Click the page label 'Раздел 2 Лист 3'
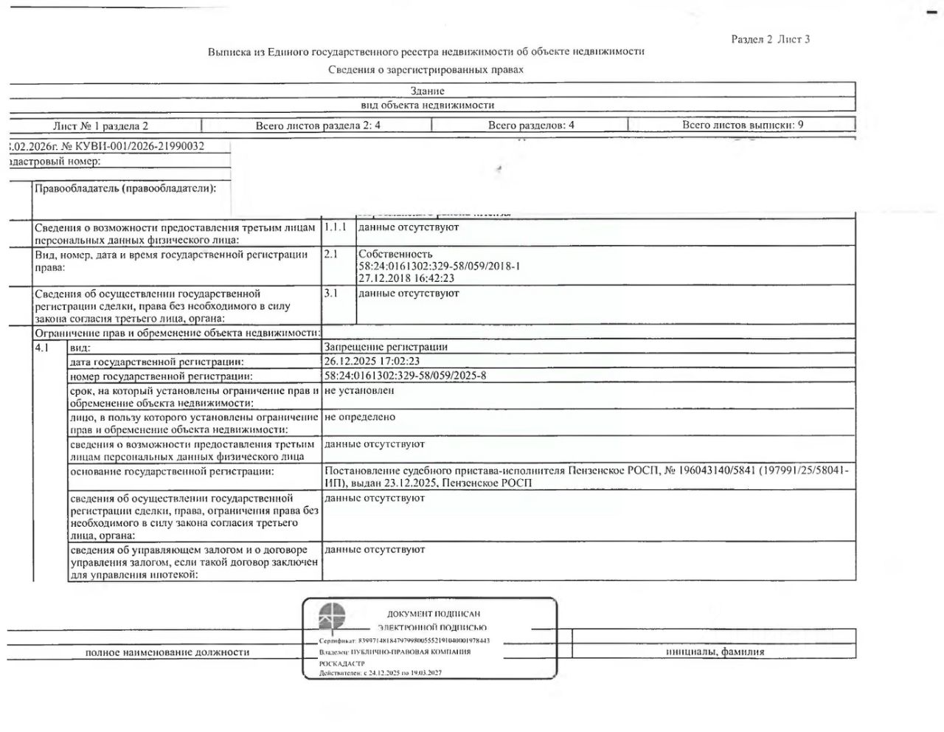770,39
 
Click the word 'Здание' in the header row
428,91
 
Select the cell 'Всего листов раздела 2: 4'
318,125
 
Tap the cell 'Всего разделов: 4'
531,125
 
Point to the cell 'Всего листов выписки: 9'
743,125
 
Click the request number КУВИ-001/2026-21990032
139,146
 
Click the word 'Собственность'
395,254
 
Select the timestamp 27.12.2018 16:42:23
406,278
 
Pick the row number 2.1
331,254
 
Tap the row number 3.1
331,293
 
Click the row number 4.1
42,347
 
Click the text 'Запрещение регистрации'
386,347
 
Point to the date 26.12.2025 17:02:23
372,362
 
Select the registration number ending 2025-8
406,376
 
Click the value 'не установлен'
359,390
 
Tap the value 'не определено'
360,417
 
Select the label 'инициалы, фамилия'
715,652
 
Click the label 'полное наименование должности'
167,652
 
